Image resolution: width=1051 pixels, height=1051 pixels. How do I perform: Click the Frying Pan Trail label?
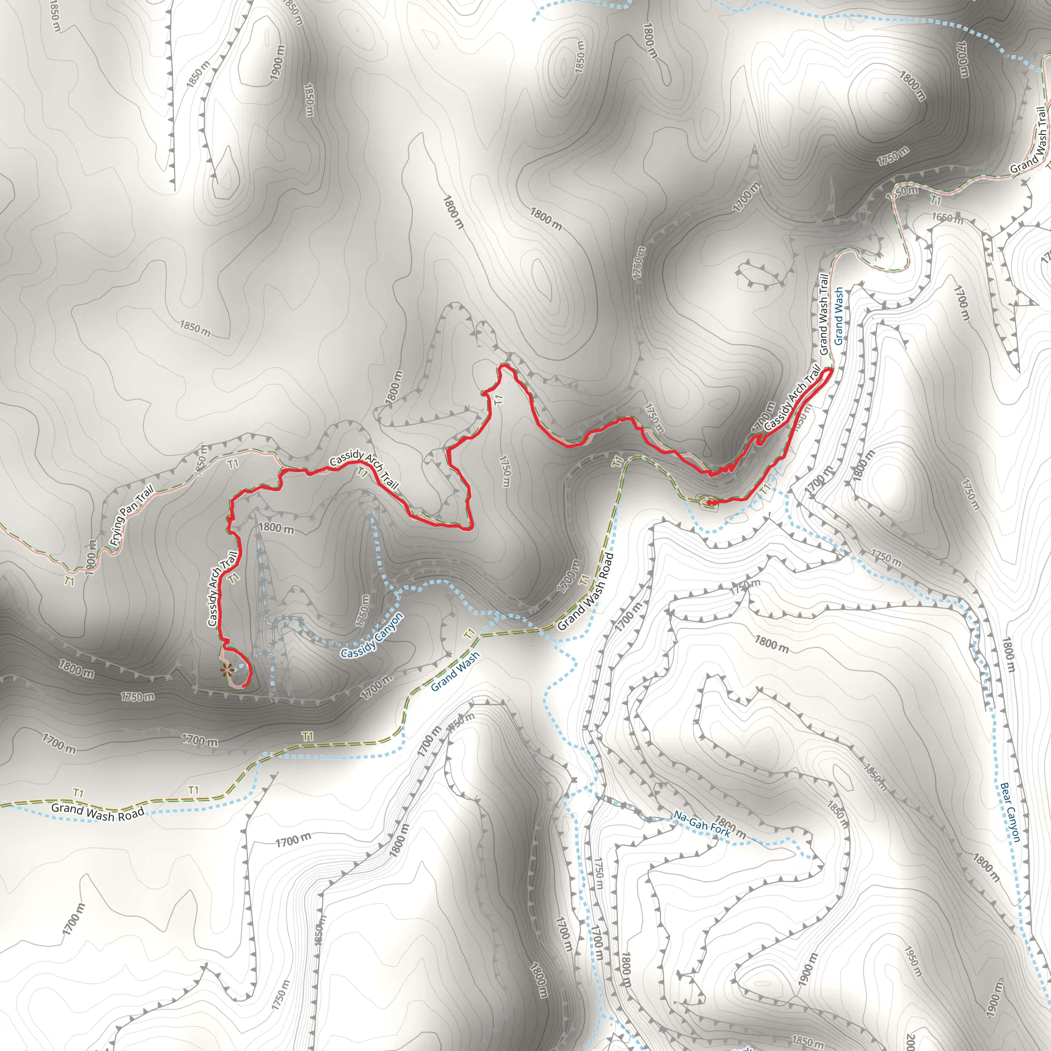[x=132, y=515]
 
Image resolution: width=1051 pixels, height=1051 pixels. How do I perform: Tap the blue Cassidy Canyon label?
[x=372, y=635]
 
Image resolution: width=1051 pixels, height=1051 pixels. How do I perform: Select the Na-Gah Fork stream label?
[x=701, y=825]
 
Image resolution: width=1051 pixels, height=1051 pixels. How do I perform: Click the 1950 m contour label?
[x=912, y=960]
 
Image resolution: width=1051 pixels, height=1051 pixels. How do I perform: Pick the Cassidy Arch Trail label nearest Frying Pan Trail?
[x=222, y=589]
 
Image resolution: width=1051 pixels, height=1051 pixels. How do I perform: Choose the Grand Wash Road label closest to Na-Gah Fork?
[x=586, y=591]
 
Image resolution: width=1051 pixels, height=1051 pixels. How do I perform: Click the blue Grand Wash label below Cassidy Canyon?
[x=455, y=671]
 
